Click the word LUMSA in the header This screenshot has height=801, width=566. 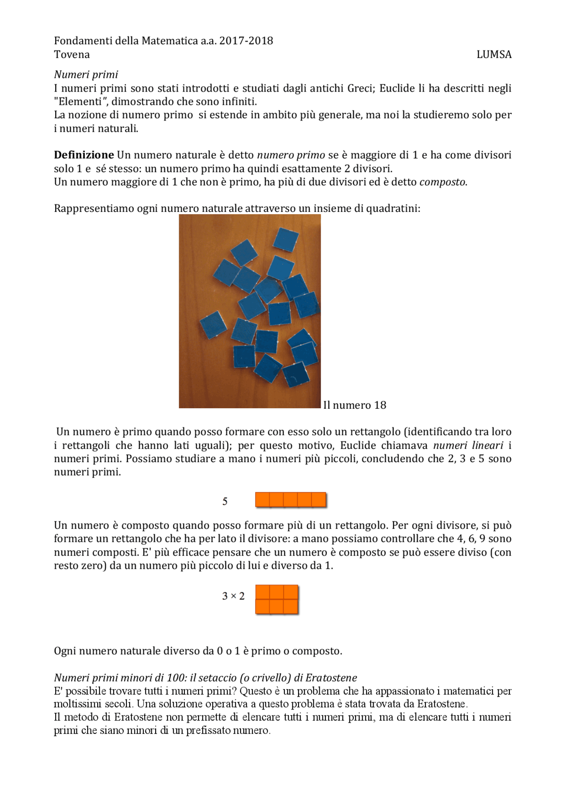coord(493,54)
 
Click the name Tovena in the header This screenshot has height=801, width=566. coord(72,54)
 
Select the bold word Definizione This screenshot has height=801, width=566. coord(84,155)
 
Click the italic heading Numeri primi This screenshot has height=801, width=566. coord(86,74)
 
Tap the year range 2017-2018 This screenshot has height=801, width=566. coord(246,41)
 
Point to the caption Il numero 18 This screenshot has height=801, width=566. coord(354,405)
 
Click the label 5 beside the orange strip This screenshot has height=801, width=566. coord(225,501)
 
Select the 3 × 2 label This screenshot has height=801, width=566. coord(233,596)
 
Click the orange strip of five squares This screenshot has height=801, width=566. coord(291,500)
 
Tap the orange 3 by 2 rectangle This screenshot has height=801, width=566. coord(277,599)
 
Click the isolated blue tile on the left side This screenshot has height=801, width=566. coord(213,325)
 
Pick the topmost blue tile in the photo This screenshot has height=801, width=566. coord(285,239)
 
